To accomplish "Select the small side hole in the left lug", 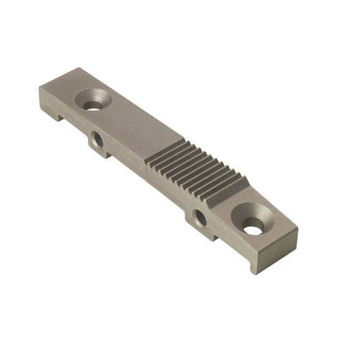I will [99, 139].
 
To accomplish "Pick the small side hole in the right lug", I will [201, 217].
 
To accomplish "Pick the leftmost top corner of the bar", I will [40, 89].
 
